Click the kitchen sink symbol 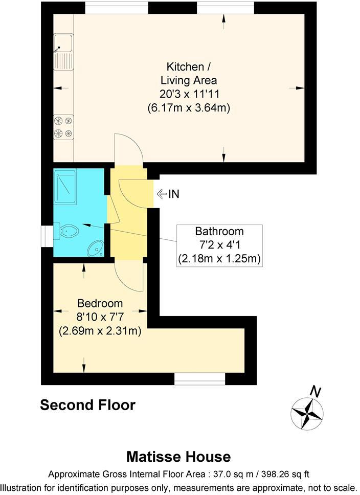(63, 52)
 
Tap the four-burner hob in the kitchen (63, 127)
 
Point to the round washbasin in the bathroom (95, 249)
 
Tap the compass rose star (307, 413)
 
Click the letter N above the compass (316, 392)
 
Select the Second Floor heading (87, 405)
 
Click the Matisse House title (178, 456)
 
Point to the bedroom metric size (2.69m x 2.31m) (100, 331)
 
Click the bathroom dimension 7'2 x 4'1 (219, 245)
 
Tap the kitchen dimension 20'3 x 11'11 (188, 94)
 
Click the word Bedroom (100, 303)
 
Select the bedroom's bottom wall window (199, 378)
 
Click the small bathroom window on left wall (47, 233)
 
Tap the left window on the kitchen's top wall (117, 8)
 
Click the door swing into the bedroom (128, 276)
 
